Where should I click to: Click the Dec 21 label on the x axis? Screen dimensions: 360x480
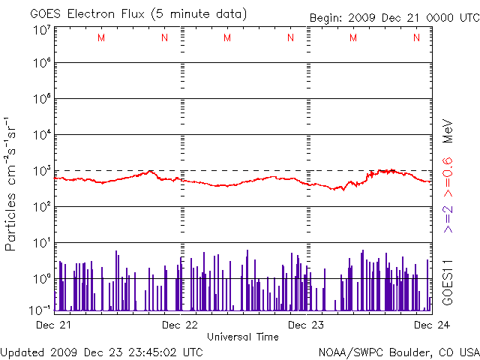pos(53,325)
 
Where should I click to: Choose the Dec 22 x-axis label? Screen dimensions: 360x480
pos(181,325)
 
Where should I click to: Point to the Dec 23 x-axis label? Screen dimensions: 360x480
pos(307,325)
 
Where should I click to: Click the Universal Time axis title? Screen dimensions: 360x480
pos(243,337)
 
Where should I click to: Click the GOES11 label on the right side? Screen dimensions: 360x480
pos(447,280)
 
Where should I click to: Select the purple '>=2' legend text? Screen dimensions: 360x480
pos(447,217)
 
